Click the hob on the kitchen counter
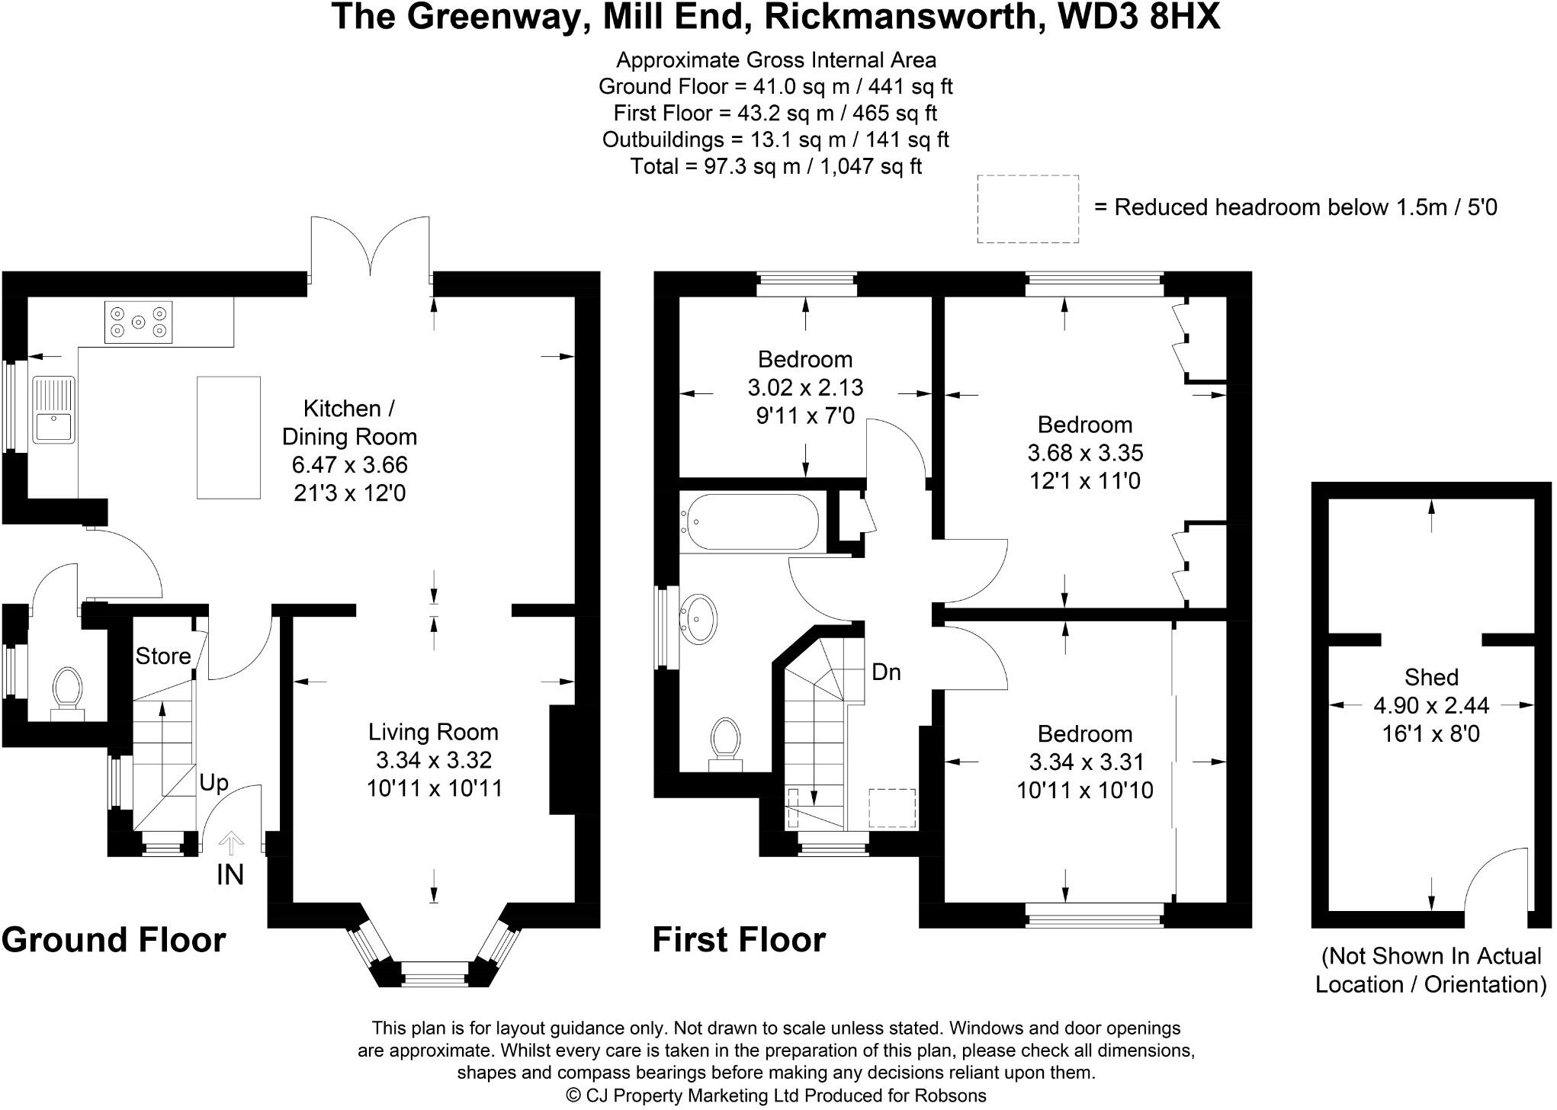(138, 322)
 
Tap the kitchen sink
(53, 410)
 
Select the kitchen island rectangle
(229, 438)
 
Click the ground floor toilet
(68, 691)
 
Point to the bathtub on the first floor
(750, 522)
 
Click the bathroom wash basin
(699, 617)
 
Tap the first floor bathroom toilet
(726, 743)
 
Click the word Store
(163, 656)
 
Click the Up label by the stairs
(213, 783)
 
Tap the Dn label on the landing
(886, 672)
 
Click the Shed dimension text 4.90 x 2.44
(1430, 706)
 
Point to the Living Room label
(433, 732)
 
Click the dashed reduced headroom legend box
(1027, 209)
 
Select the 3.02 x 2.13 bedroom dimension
(805, 387)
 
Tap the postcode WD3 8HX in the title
(1139, 17)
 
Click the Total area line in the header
(775, 166)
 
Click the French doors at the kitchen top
(370, 248)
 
